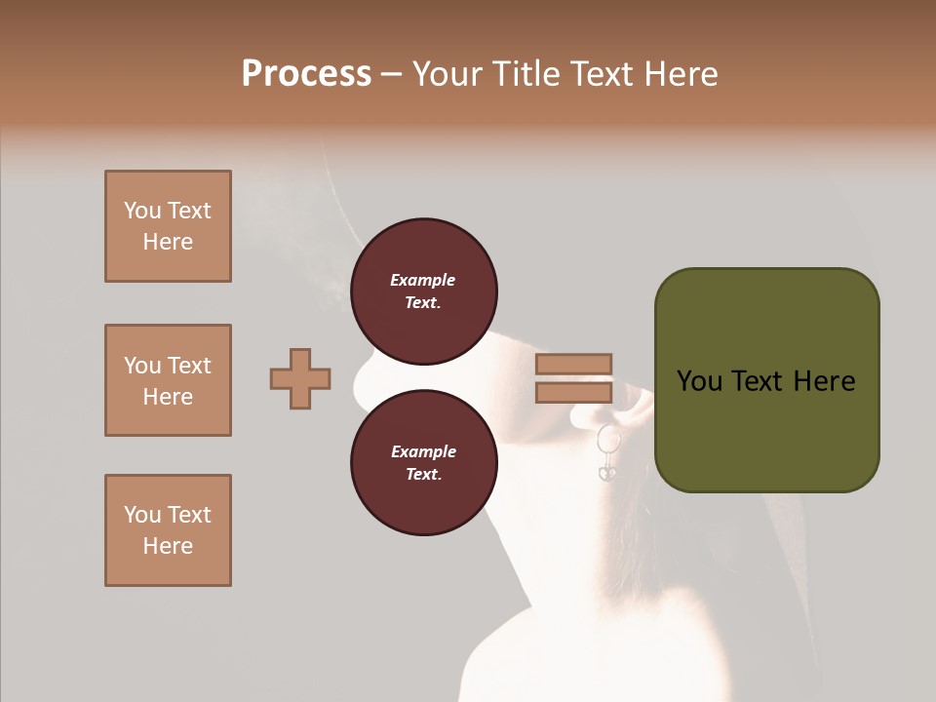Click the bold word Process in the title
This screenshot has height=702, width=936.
pos(306,74)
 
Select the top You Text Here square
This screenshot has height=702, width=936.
pos(168,226)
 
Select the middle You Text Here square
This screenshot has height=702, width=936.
pos(168,380)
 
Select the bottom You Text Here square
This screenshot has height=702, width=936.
pos(168,530)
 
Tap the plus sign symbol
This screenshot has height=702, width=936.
pos(300,378)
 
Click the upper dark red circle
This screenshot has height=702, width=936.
pos(423,292)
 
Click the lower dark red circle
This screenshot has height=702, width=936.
pos(423,463)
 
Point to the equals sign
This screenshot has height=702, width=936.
pos(573,378)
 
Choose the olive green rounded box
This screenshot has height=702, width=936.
pos(766,380)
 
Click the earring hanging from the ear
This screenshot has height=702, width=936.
pos(607,453)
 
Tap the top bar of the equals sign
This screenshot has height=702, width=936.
pos(573,365)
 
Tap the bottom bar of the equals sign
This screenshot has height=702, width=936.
pos(573,392)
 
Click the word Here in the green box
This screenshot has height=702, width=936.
pos(824,381)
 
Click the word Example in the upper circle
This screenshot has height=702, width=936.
pos(423,280)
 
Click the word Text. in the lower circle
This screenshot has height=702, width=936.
pos(423,475)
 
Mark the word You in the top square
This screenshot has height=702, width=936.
pos(142,211)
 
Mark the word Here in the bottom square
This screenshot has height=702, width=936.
pos(168,546)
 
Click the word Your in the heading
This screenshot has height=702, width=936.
pos(449,74)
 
